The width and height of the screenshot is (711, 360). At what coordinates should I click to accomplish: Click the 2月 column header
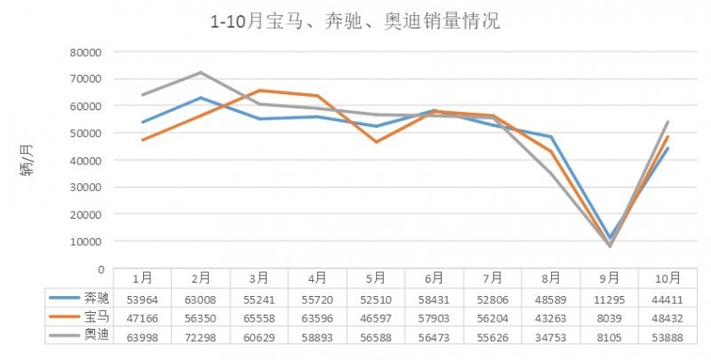(x=201, y=277)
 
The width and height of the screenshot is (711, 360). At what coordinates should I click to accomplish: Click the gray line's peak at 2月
(x=201, y=72)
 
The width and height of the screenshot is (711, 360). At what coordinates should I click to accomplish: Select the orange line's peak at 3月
(x=268, y=91)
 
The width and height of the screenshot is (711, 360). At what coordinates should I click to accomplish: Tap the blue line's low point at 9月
(x=610, y=237)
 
